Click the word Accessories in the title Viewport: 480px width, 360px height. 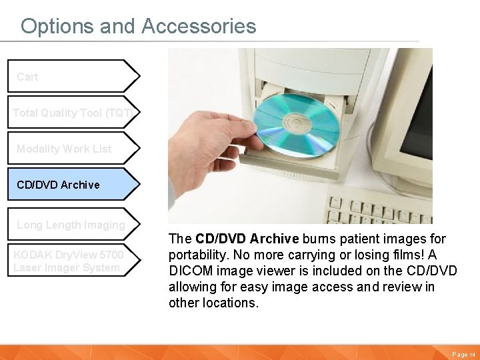(199, 26)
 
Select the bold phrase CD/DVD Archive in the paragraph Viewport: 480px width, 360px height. (247, 239)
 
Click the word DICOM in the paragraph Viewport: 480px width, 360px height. (189, 271)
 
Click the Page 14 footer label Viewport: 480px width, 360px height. (463, 355)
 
